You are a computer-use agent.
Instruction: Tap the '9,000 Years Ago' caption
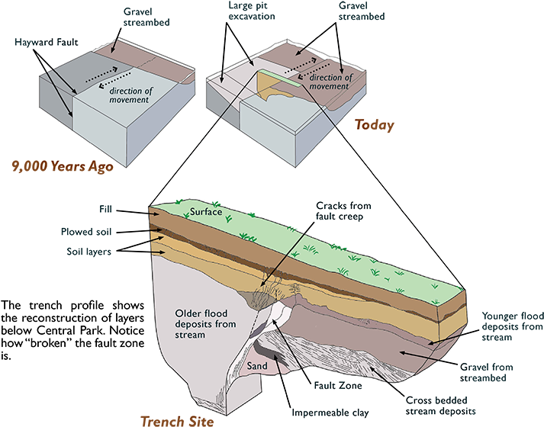[x=63, y=165]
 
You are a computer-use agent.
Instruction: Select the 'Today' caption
[x=374, y=124]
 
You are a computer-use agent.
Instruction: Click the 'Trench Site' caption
[x=177, y=420]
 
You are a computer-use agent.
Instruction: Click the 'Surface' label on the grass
[x=206, y=212]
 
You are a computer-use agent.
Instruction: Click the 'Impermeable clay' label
[x=330, y=413]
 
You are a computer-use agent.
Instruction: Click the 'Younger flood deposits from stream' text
[x=512, y=326]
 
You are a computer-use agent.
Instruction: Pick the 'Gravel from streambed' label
[x=494, y=371]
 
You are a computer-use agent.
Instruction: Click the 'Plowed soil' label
[x=86, y=231]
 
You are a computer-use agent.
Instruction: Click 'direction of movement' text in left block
[x=131, y=95]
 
